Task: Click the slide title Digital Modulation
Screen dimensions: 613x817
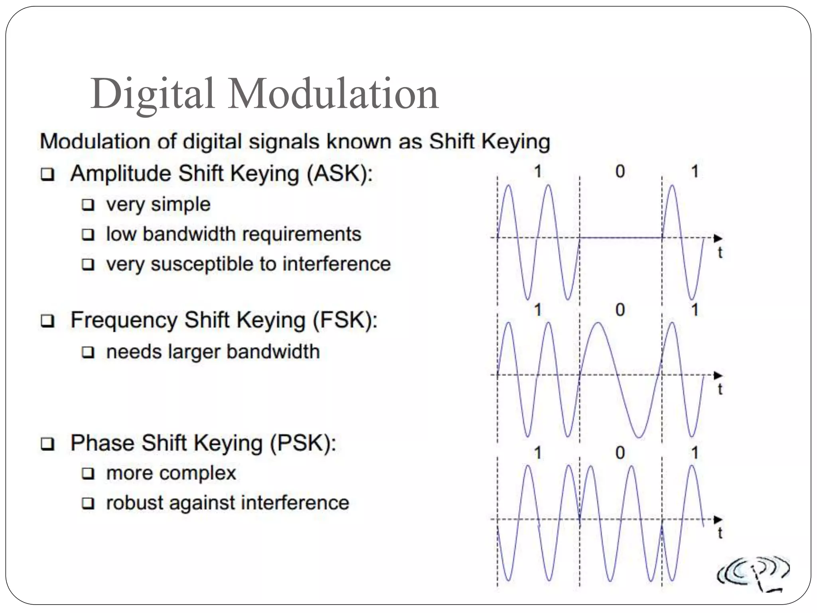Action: point(264,94)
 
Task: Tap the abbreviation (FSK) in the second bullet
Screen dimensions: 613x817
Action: point(345,320)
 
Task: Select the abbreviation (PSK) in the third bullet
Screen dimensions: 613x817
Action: point(303,443)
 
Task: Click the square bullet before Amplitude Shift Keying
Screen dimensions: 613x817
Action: point(47,175)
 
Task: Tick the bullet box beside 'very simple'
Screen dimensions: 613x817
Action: point(88,205)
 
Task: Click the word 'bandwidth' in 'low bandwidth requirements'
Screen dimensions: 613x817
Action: point(189,234)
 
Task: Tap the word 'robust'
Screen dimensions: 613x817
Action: point(135,502)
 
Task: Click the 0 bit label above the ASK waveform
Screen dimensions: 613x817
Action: point(620,172)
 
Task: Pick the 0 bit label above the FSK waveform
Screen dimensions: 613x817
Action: point(620,310)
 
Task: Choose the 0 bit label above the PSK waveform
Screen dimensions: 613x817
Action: point(620,453)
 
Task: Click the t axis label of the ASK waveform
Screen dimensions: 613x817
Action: point(720,253)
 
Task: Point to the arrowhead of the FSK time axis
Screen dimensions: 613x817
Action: point(718,375)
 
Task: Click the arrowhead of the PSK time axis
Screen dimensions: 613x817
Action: point(718,519)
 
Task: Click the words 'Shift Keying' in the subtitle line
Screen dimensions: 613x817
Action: point(489,141)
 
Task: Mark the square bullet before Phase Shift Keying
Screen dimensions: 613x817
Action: point(47,444)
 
